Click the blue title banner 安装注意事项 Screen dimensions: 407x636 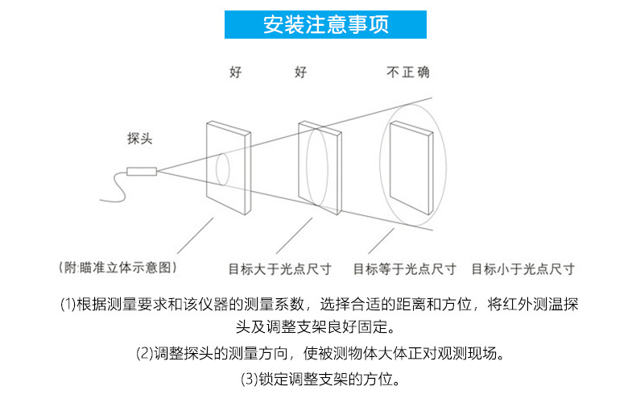[x=325, y=24]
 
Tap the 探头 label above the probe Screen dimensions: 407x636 [x=139, y=139]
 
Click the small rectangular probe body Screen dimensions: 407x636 [x=142, y=171]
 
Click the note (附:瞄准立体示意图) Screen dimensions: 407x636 [x=118, y=267]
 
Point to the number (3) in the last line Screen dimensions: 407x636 [x=249, y=378]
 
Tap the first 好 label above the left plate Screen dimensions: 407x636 [x=235, y=73]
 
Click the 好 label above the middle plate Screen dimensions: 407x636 [x=300, y=73]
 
